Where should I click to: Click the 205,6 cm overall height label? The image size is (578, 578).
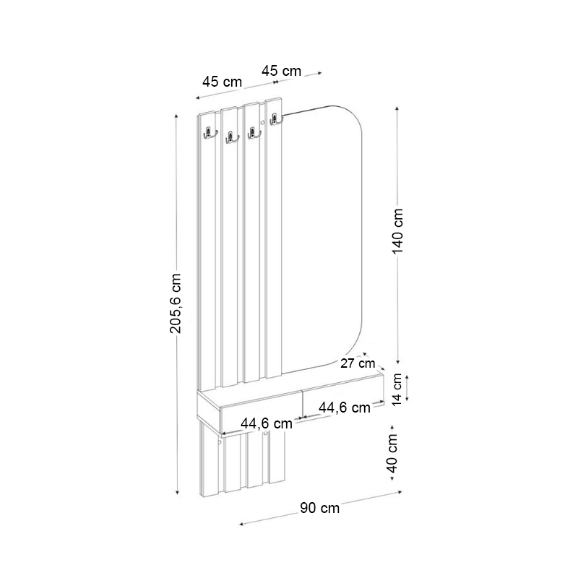tap(176, 303)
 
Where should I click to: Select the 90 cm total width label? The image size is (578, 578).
tap(319, 508)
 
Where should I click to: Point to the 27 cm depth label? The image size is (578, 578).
tap(358, 363)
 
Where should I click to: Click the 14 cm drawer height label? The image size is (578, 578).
tap(397, 390)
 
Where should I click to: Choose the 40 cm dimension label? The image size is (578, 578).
tap(392, 454)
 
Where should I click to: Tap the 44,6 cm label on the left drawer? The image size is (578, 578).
tap(267, 424)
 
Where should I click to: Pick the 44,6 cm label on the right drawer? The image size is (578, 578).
tap(344, 407)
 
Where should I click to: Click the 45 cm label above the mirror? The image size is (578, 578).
tap(281, 71)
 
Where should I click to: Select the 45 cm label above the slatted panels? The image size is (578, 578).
tap(222, 82)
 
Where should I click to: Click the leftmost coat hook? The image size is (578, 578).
tap(209, 132)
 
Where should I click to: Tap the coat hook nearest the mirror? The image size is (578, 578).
tap(275, 121)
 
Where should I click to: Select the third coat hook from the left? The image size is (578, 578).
tap(253, 133)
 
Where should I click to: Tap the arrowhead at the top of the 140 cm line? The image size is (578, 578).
tap(397, 108)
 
